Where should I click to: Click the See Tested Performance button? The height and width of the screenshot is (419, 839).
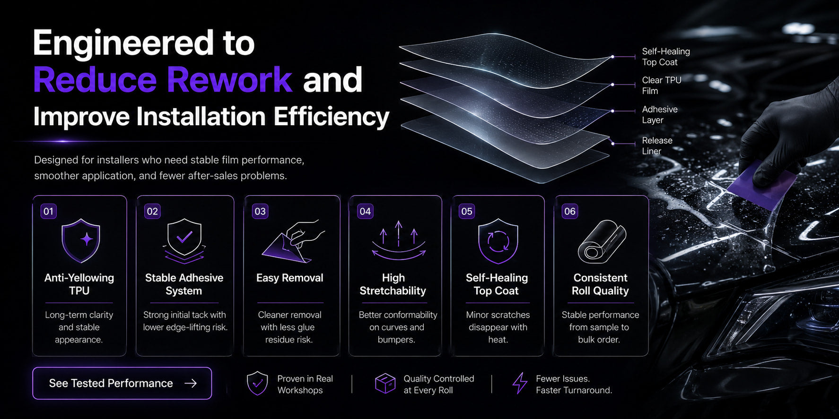pos(122,383)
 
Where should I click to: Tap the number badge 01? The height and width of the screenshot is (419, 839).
pos(49,211)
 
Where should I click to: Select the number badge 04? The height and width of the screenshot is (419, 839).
pos(365,211)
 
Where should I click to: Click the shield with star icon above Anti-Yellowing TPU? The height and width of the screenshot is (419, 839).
pos(81,240)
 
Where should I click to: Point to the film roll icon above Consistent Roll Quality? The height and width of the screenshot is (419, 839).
pos(602,241)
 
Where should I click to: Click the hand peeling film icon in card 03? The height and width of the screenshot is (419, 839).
pos(293,241)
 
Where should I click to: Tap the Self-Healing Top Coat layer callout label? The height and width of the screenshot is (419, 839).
pos(666,57)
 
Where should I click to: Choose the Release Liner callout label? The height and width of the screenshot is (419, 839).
pos(657,145)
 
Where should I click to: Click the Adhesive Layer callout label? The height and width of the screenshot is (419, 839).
pos(660,114)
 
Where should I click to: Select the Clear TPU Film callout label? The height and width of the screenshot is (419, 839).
pos(662,86)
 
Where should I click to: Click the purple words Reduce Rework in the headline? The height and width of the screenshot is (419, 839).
pos(163,79)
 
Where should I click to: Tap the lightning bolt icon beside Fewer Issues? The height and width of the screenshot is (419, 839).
pos(520,383)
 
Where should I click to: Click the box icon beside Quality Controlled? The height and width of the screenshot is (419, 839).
pos(385,383)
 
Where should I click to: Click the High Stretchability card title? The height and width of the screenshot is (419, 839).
pos(393,284)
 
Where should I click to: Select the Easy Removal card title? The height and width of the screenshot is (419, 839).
pos(290,278)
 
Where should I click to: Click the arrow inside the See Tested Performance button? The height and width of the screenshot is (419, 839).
pos(191,383)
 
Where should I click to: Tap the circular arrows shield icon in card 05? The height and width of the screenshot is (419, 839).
pos(498,241)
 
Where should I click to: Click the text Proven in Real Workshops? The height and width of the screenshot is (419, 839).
pos(305,385)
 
